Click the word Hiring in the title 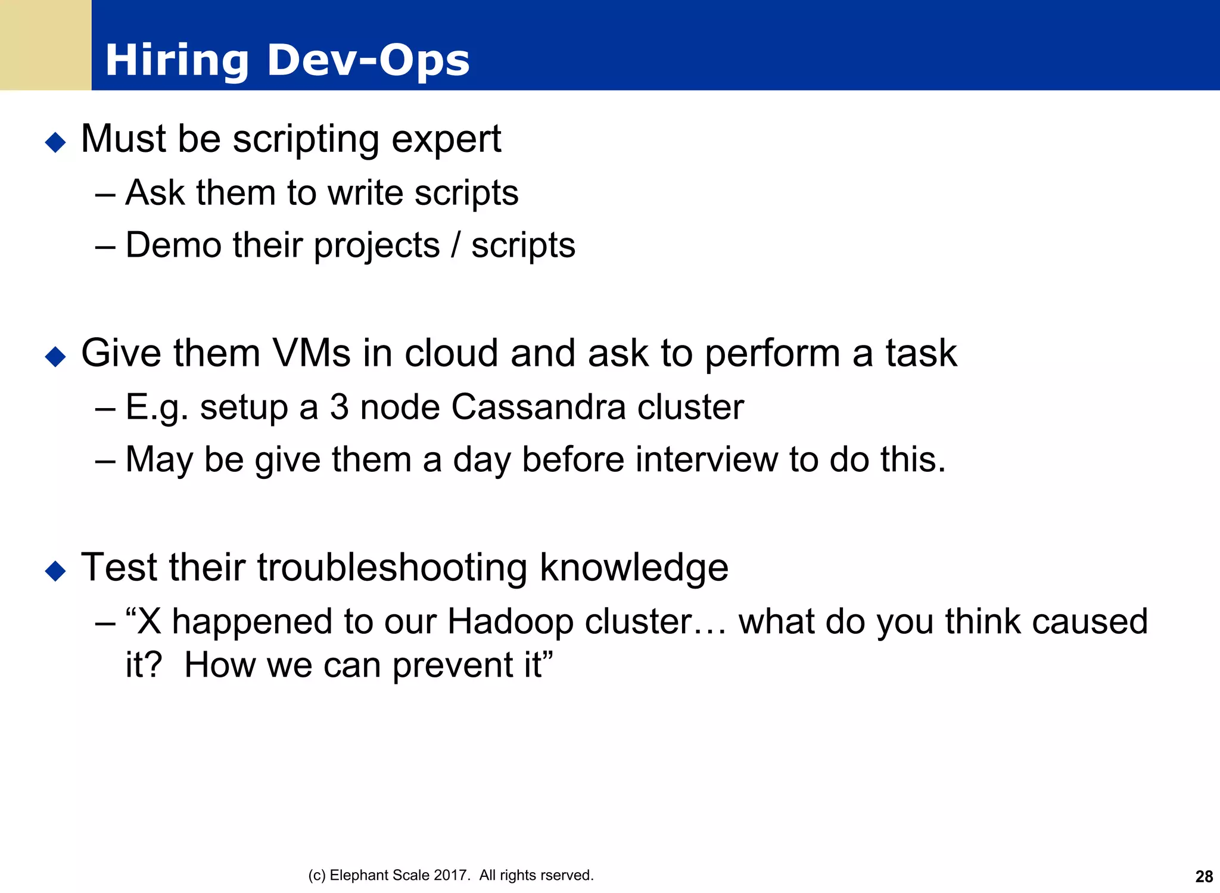[x=176, y=61]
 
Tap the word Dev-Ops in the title [x=368, y=61]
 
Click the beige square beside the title [x=45, y=45]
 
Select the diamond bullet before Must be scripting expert [x=55, y=142]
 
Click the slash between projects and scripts [x=456, y=245]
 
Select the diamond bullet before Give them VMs [x=55, y=356]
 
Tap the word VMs [x=311, y=353]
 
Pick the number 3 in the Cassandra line [x=339, y=407]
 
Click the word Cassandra [x=538, y=407]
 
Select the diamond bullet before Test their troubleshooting [x=55, y=571]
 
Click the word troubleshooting [x=392, y=567]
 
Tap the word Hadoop [x=510, y=621]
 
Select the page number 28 [x=1204, y=876]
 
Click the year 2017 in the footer [x=450, y=875]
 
